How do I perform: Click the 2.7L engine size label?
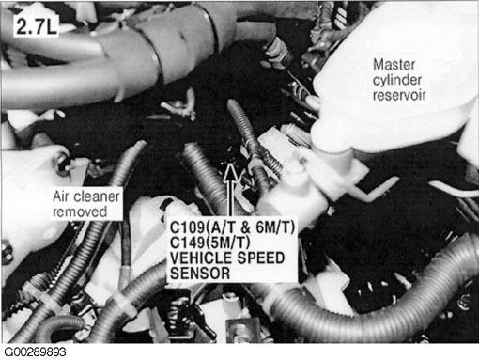[x=36, y=26]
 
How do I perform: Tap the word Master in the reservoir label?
[x=394, y=65]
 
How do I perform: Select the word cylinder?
[x=397, y=80]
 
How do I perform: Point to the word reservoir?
[x=399, y=95]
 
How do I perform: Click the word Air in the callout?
[x=61, y=196]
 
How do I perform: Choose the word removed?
[x=80, y=212]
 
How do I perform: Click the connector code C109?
[x=186, y=227]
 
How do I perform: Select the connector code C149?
[x=186, y=243]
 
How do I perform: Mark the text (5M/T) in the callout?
[x=226, y=243]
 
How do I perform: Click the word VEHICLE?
[x=201, y=258]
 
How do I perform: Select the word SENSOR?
[x=200, y=274]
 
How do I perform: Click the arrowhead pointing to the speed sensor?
[x=231, y=172]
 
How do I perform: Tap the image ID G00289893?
[x=35, y=352]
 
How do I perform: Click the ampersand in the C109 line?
[x=246, y=227]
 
